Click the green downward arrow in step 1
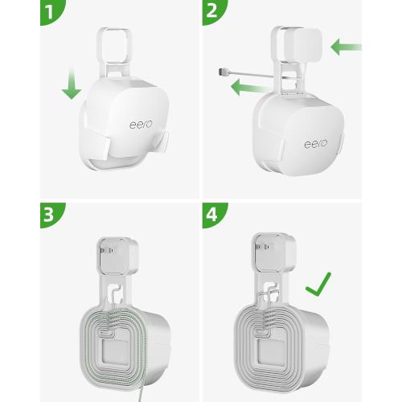point(72,86)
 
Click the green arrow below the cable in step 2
point(244,87)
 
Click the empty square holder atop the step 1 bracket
point(113,43)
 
